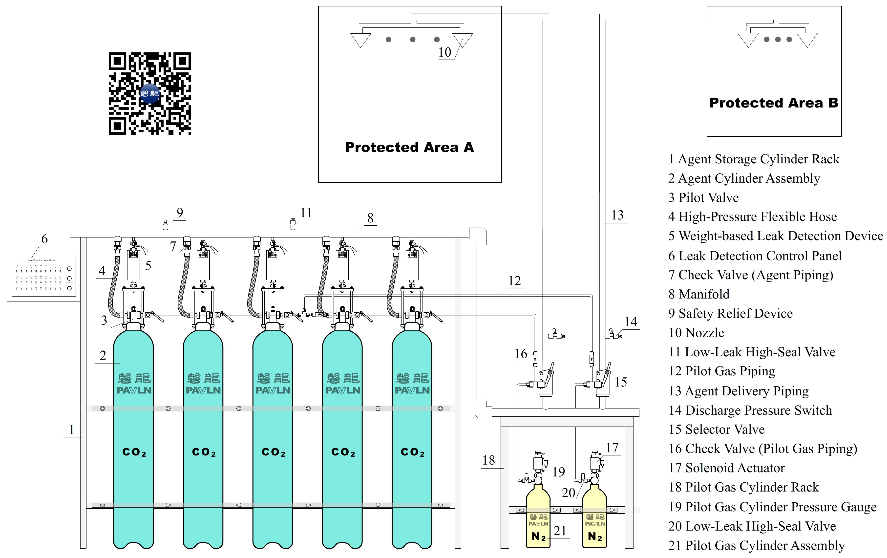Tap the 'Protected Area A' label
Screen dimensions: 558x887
409,147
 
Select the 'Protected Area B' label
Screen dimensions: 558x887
774,103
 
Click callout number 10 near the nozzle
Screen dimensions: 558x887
444,52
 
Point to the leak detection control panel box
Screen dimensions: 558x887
43,277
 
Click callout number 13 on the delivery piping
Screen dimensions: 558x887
617,215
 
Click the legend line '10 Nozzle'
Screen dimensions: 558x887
696,333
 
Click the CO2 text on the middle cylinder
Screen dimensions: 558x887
273,452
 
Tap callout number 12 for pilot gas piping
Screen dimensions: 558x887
515,281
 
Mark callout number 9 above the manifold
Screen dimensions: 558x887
180,213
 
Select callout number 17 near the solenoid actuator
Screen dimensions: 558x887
612,448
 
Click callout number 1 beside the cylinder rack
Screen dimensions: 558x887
71,429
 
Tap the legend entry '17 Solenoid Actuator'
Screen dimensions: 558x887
727,468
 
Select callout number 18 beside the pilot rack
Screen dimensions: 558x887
489,460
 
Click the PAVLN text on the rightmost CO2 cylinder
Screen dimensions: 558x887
412,390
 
